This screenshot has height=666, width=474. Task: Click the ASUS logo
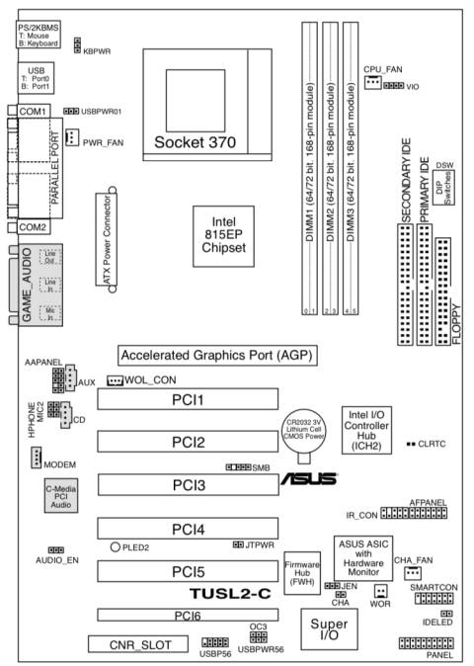pyautogui.click(x=309, y=479)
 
